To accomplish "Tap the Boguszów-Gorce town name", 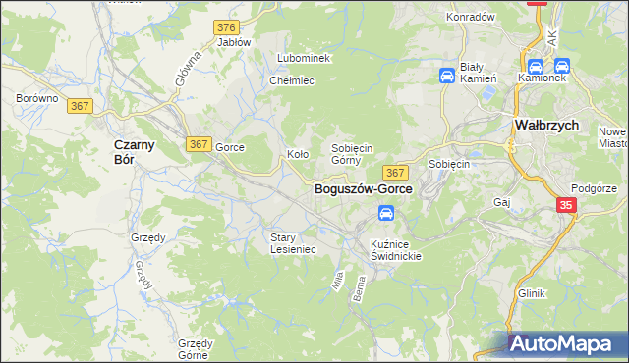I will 363,189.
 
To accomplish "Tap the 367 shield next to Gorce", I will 199,144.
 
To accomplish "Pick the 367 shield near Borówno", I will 82,107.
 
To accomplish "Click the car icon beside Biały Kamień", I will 446,76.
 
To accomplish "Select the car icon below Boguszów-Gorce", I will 387,213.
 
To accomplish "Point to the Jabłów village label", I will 234,42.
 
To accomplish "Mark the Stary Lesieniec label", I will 293,242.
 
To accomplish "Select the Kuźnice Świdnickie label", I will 396,249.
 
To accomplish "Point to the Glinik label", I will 532,293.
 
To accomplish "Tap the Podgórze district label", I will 595,188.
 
